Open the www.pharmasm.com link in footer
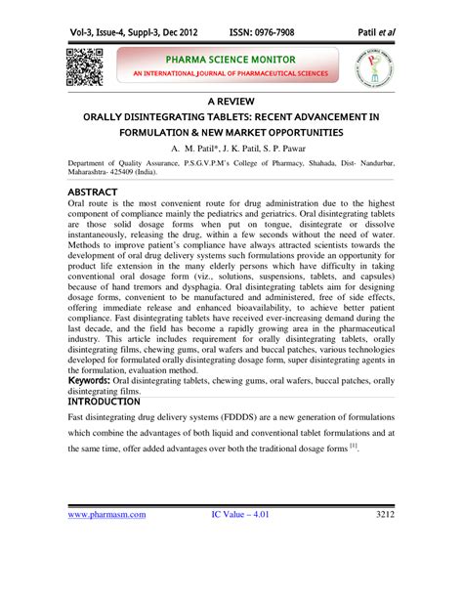[106, 541]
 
